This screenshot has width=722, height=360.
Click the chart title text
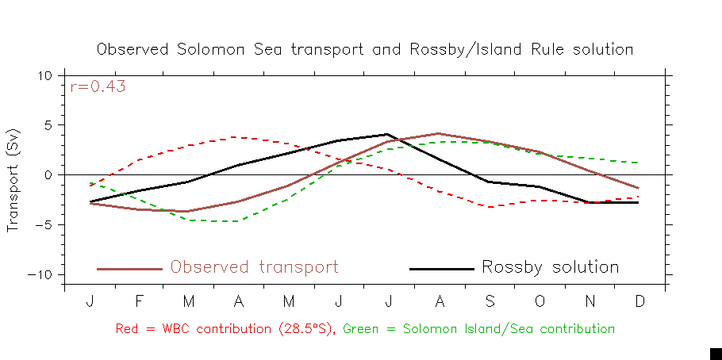click(365, 49)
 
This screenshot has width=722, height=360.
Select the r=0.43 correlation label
click(98, 87)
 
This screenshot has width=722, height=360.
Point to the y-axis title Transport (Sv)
click(13, 180)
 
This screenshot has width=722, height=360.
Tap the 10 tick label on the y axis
click(44, 75)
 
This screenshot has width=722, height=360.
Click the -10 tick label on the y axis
click(40, 274)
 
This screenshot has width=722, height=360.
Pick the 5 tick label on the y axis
click(47, 125)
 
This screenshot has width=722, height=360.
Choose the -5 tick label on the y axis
click(43, 224)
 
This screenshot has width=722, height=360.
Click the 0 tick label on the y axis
click(47, 174)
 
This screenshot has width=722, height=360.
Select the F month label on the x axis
click(140, 302)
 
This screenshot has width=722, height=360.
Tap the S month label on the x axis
click(490, 302)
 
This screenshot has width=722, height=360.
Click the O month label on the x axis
click(540, 302)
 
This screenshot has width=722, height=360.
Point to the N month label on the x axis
click(590, 302)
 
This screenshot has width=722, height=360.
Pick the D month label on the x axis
click(640, 302)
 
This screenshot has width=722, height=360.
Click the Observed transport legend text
click(254, 267)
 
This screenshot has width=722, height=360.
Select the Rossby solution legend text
click(550, 267)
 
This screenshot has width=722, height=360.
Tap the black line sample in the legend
click(441, 269)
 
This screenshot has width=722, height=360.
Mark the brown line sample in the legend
click(129, 269)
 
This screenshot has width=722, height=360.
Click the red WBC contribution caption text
click(227, 328)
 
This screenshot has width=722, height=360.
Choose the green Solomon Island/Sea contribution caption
click(478, 328)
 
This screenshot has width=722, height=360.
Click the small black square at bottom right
click(716, 354)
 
